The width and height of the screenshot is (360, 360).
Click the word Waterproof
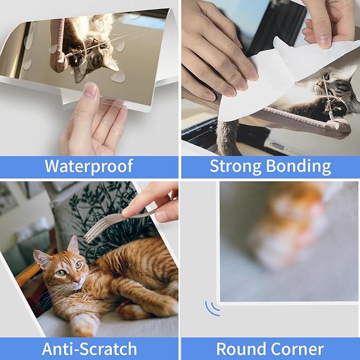tap(89, 166)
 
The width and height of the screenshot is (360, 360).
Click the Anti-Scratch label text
tap(89, 349)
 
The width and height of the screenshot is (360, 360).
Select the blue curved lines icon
tap(212, 308)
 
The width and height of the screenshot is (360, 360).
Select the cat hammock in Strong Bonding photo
tap(297, 119)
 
